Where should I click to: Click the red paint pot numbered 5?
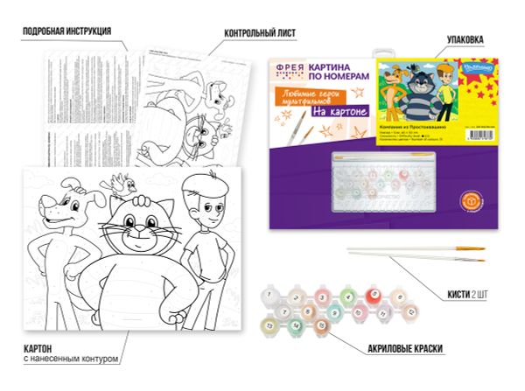point(374,295)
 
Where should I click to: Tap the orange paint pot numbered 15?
point(323,325)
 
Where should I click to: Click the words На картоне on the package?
point(337,111)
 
